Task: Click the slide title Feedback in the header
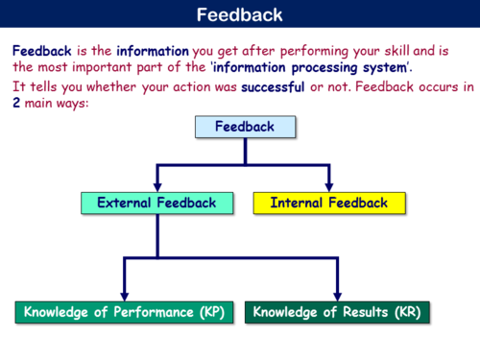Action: click(239, 14)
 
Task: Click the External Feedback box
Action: click(156, 203)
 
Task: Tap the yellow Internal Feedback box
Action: click(328, 203)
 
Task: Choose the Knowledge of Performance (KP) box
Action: click(124, 312)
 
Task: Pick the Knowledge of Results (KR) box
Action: click(337, 312)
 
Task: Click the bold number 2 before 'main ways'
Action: click(17, 103)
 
